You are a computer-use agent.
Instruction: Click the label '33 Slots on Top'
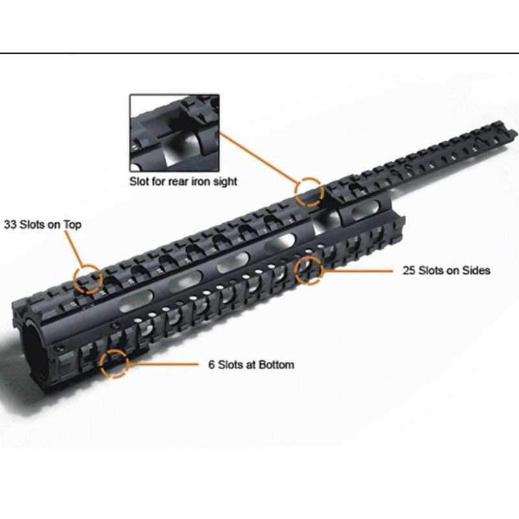click(42, 224)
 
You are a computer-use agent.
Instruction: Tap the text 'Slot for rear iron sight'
click(183, 182)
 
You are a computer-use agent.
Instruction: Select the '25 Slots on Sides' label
click(446, 271)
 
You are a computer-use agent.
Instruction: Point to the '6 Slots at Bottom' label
click(251, 365)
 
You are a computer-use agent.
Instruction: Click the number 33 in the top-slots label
click(10, 224)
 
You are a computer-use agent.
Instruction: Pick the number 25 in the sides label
click(409, 271)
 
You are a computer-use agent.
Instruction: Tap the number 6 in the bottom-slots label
click(212, 365)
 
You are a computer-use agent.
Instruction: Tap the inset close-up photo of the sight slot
click(174, 133)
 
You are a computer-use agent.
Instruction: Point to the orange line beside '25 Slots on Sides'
click(358, 271)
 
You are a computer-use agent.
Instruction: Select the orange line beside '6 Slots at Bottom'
click(163, 364)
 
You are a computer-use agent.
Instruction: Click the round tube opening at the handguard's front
click(32, 347)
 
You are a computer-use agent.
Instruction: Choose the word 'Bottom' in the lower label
click(276, 365)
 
